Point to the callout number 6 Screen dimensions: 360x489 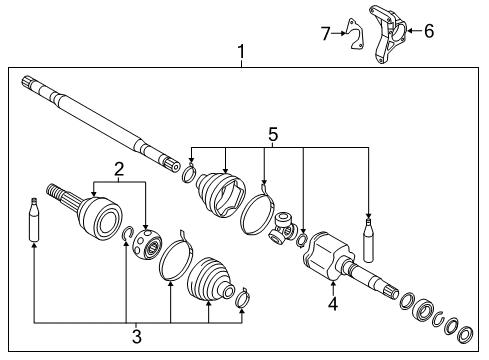(x=429, y=31)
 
